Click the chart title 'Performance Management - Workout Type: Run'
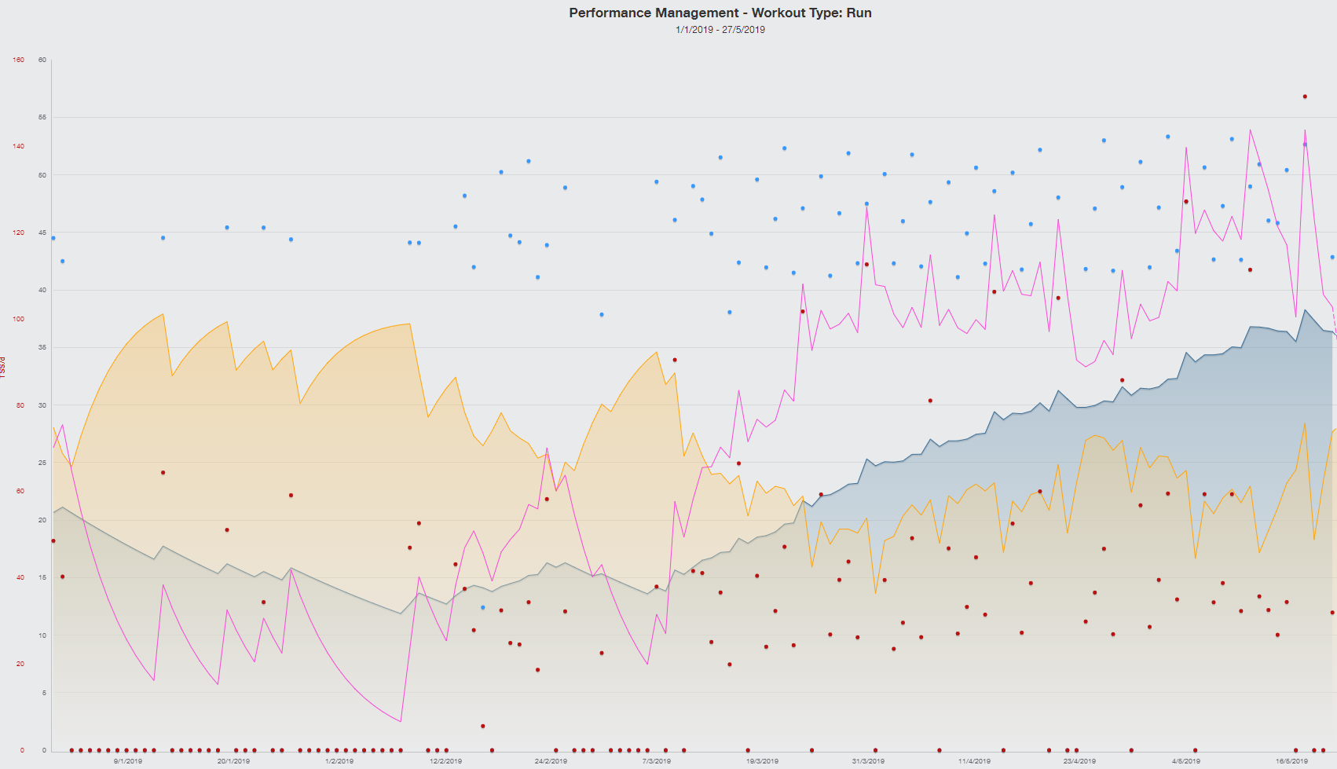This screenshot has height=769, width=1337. (720, 13)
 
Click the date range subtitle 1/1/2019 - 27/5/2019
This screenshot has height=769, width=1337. (720, 30)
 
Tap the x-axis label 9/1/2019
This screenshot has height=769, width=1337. (128, 761)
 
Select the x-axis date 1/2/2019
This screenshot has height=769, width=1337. (339, 761)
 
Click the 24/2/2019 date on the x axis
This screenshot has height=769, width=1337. (551, 761)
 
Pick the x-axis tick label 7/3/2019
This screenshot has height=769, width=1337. (657, 761)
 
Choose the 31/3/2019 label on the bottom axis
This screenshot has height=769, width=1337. (868, 761)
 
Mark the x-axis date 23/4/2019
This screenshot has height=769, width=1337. (1079, 761)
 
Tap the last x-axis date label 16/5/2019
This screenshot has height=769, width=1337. (1291, 761)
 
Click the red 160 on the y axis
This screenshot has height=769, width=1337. (19, 60)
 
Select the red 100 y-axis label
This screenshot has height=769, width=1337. (19, 319)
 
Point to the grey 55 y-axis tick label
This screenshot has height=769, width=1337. (42, 117)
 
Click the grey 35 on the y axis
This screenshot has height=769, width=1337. (42, 347)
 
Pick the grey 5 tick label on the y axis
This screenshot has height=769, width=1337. (44, 693)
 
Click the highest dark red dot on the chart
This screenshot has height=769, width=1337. (1305, 97)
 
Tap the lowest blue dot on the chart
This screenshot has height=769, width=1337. (483, 607)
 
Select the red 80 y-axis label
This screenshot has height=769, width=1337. (20, 405)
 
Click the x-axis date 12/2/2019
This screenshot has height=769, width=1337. (445, 761)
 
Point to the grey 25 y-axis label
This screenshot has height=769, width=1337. (42, 463)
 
